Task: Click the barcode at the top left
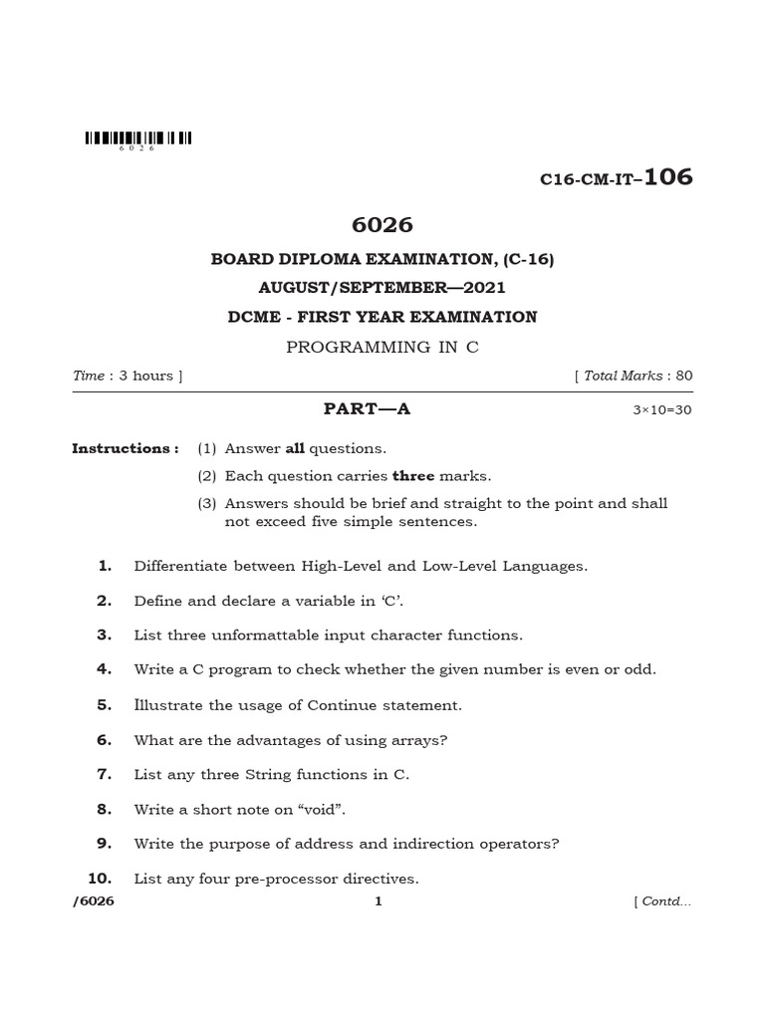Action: pyautogui.click(x=137, y=139)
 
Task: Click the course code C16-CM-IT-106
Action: pyautogui.click(x=615, y=178)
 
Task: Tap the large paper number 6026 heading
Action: pyautogui.click(x=382, y=225)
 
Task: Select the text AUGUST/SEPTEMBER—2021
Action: pyautogui.click(x=382, y=288)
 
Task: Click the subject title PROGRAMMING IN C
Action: pyautogui.click(x=382, y=347)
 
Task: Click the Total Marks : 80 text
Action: pyautogui.click(x=635, y=376)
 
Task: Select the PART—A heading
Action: pyautogui.click(x=368, y=408)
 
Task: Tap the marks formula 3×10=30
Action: pyautogui.click(x=661, y=409)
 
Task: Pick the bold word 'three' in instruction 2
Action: pyautogui.click(x=413, y=476)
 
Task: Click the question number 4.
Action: pyautogui.click(x=104, y=669)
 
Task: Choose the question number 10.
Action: pyautogui.click(x=100, y=879)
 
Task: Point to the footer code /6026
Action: pyautogui.click(x=95, y=901)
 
